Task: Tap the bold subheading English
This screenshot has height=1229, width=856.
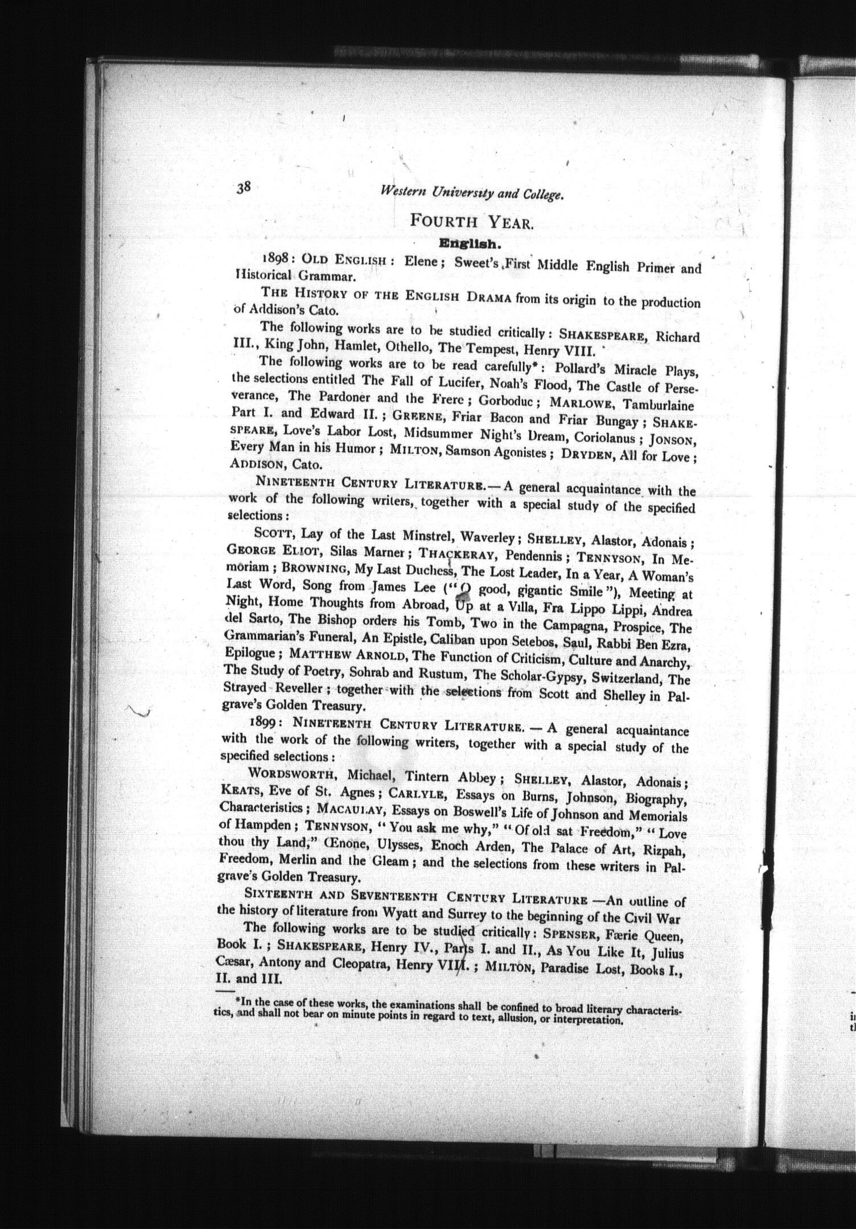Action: tap(469, 244)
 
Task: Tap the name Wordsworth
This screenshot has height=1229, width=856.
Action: tap(293, 774)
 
